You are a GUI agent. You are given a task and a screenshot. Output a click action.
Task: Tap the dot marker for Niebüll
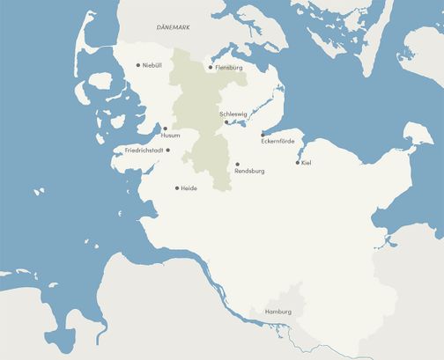coord(138,64)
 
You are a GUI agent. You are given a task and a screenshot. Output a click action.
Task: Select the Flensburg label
coord(228,68)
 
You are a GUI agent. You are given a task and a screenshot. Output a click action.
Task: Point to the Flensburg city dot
coord(211,67)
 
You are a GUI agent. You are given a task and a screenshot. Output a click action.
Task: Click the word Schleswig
coord(233,114)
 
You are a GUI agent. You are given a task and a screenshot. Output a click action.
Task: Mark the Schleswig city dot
coord(227,122)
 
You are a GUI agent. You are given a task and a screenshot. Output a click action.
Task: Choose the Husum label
coord(171,136)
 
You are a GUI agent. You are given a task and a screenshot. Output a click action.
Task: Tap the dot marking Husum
coord(165,129)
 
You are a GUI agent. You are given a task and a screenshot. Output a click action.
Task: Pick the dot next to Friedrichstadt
coord(167,150)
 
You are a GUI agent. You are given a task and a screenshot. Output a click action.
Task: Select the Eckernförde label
coord(277,142)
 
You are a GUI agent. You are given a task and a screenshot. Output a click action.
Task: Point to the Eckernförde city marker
coord(263,135)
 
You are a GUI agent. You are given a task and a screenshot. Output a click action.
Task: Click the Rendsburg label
coord(250,171)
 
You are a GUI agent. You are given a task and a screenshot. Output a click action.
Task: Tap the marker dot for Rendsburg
coord(237,164)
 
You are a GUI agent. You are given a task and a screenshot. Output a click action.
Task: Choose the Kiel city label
coord(306,163)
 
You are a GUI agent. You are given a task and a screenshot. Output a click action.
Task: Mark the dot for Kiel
coord(297,162)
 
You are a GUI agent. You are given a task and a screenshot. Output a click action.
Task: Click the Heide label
coord(189,188)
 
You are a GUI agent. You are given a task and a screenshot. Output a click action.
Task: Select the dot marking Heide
coord(177,187)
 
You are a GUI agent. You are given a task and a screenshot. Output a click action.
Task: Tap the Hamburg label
coord(277,312)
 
